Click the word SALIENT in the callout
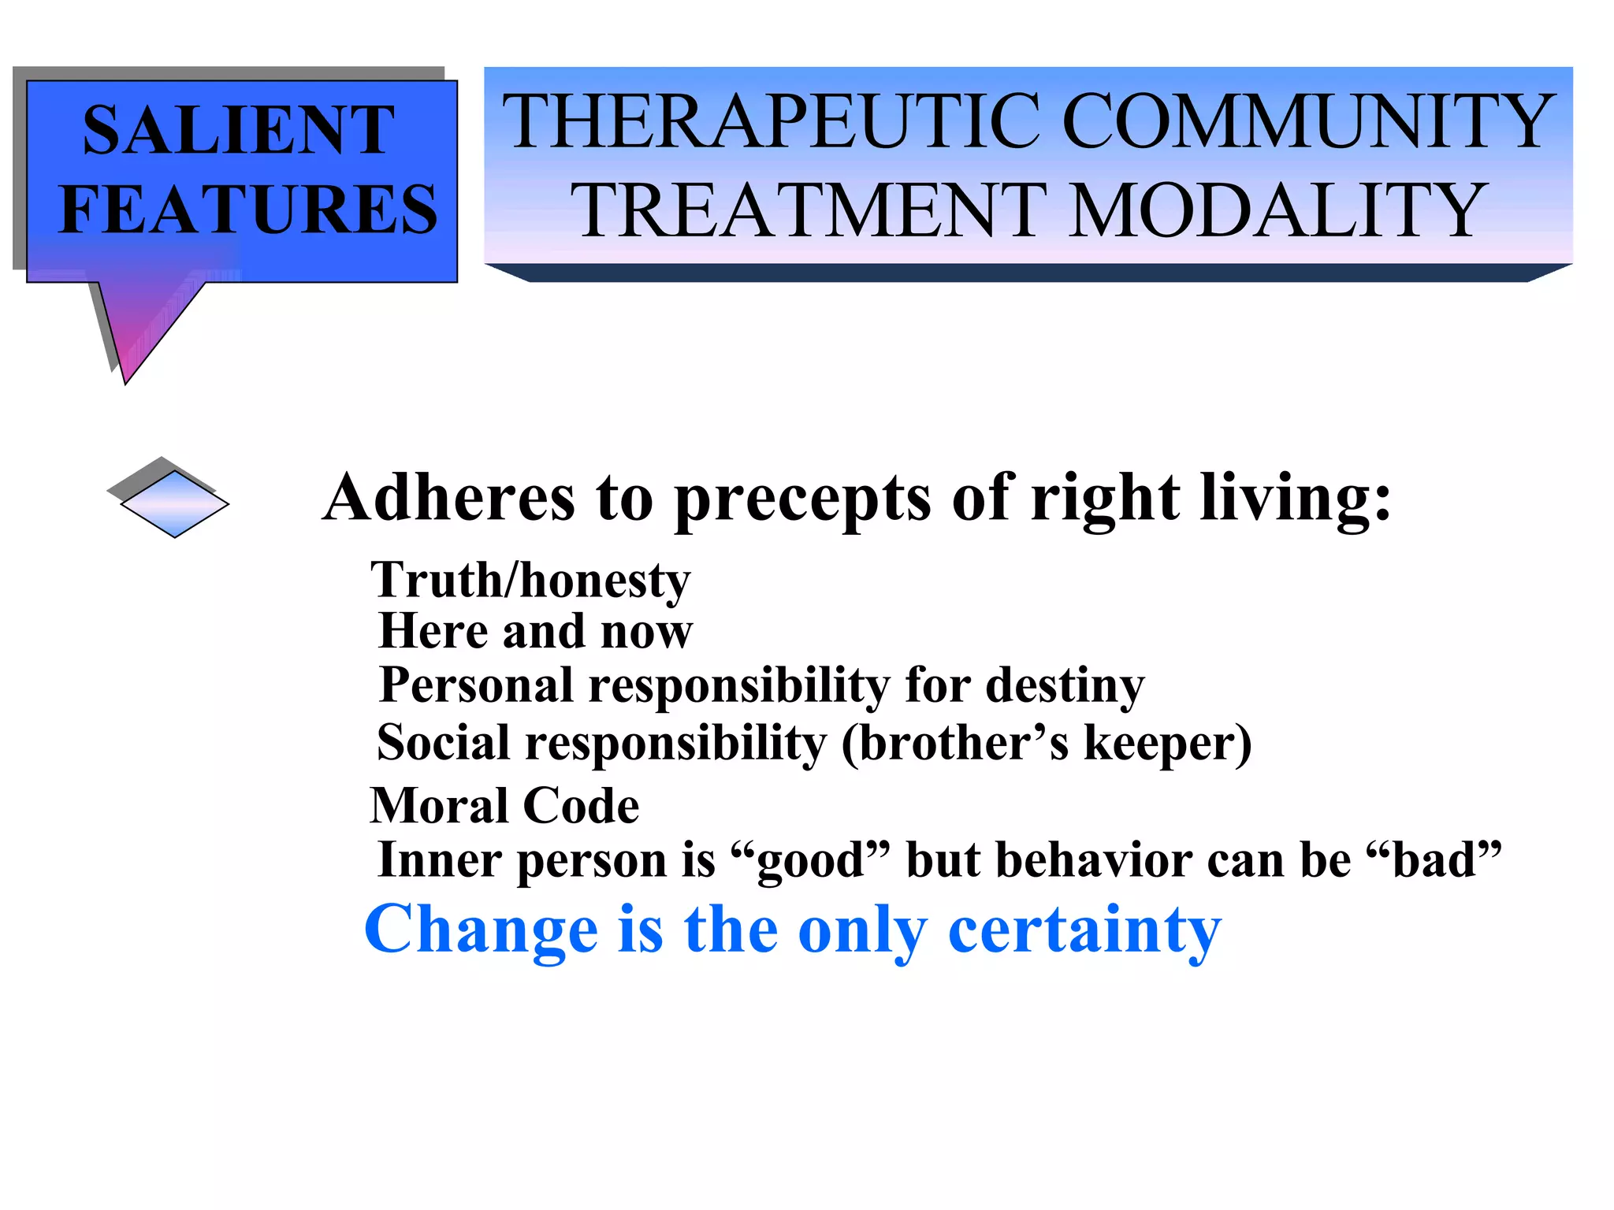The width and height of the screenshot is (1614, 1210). (238, 130)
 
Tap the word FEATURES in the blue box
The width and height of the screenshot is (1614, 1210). (248, 210)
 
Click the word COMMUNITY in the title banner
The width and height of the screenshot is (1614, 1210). (1308, 122)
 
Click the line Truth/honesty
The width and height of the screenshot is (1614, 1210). (530, 581)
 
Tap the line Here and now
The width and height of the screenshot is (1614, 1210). (535, 632)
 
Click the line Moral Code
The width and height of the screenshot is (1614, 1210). (504, 806)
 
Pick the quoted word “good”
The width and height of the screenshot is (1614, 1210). (810, 860)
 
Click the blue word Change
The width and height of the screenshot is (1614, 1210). (481, 930)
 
